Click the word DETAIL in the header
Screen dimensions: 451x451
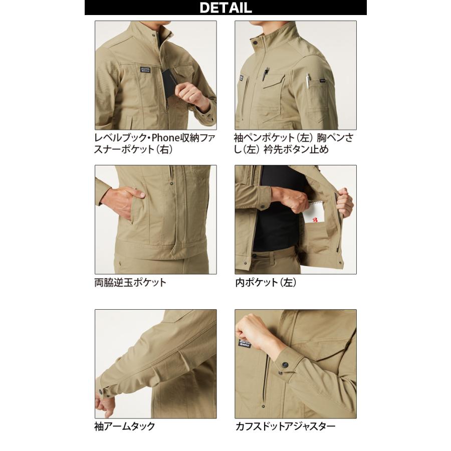pyautogui.click(x=225, y=8)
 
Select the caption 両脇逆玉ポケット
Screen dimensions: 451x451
pyautogui.click(x=130, y=282)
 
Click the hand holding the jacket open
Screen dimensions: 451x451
pyautogui.click(x=345, y=202)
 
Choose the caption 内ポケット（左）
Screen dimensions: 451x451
pyautogui.click(x=266, y=282)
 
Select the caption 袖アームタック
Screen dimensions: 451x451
pyautogui.click(x=125, y=426)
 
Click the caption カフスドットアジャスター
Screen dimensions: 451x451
pyautogui.click(x=285, y=426)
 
